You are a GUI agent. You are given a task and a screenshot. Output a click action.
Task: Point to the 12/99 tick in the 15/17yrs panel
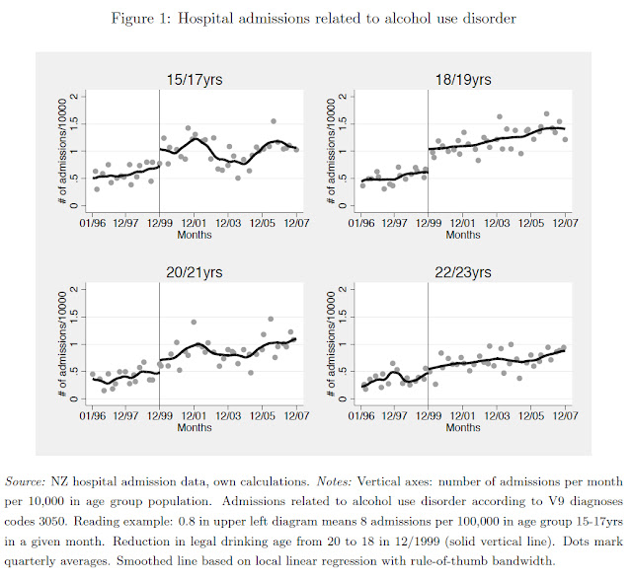pos(159,223)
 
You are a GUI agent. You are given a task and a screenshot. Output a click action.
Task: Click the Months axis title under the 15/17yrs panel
pos(194,235)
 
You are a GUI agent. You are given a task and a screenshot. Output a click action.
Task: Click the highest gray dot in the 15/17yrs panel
pos(274,121)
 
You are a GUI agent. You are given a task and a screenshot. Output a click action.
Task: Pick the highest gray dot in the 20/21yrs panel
pos(271,319)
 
